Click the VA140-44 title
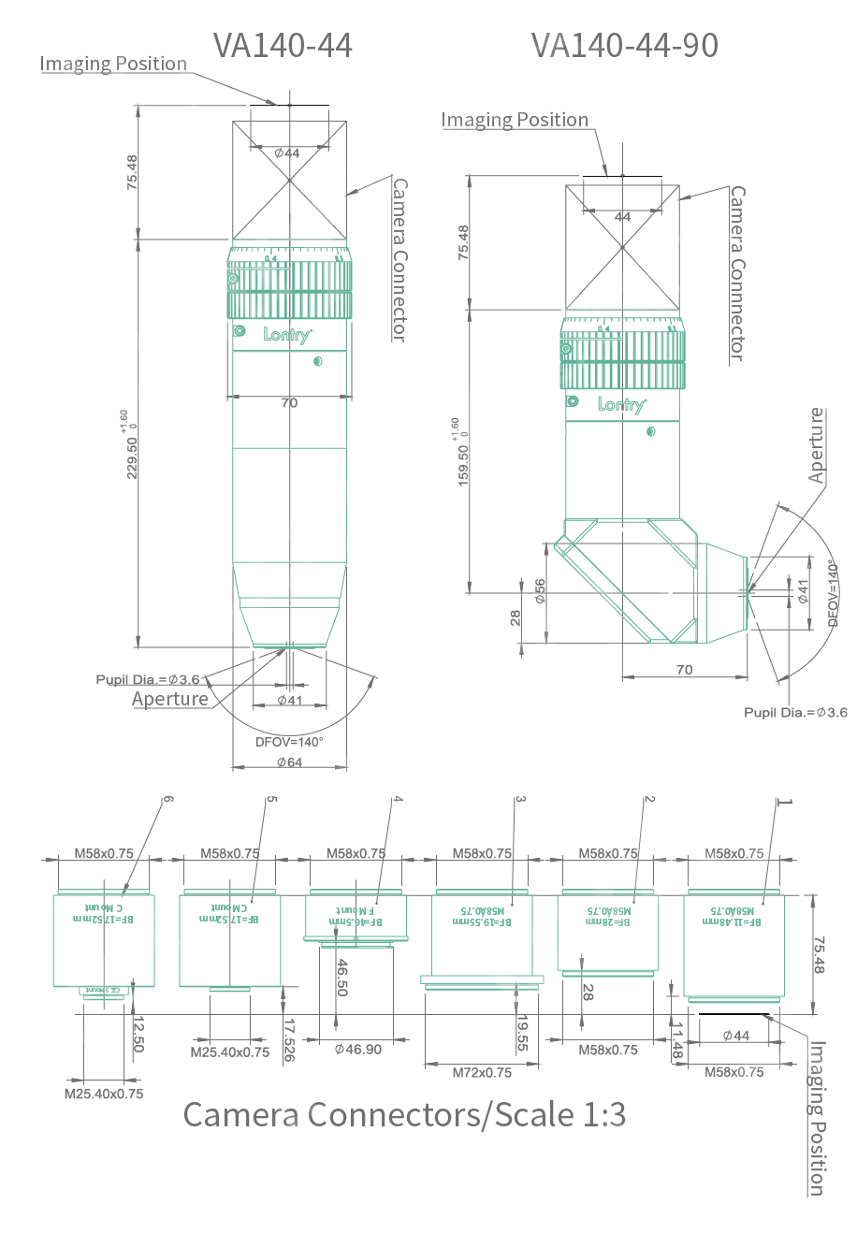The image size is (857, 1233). (283, 45)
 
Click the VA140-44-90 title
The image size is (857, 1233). (625, 45)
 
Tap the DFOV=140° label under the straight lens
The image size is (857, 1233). (289, 742)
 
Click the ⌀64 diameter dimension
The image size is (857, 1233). (289, 762)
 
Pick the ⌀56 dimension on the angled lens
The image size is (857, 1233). (540, 591)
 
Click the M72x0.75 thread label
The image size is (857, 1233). (482, 1072)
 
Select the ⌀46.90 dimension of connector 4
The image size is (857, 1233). (358, 1050)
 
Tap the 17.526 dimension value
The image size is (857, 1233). (288, 1039)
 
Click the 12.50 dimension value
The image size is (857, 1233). (138, 1034)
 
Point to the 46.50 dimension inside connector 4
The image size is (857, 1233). (342, 977)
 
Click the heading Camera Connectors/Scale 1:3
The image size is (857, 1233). (404, 1114)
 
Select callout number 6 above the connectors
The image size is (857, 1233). (167, 800)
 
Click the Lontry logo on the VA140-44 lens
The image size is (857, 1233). (287, 334)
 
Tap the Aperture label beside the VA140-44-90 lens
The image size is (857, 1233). (817, 445)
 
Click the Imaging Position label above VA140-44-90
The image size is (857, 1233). (515, 120)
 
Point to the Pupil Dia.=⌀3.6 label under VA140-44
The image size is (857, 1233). (148, 679)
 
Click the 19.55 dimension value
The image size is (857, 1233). (522, 1034)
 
